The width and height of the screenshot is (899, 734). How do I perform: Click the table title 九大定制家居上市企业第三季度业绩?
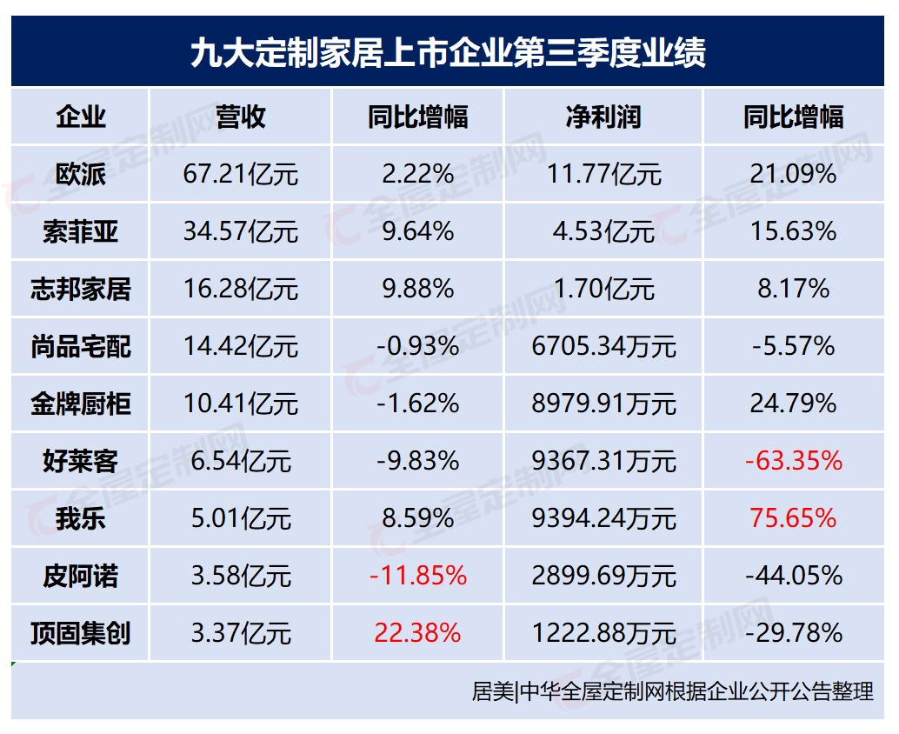(448, 51)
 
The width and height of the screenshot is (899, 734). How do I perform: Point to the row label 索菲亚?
(80, 232)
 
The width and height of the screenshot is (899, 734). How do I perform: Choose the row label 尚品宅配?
(80, 347)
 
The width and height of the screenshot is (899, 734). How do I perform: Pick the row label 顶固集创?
(80, 633)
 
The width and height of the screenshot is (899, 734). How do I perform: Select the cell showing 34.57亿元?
(241, 232)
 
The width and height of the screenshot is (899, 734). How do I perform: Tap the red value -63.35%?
(793, 461)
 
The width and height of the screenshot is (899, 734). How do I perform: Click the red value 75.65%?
(793, 518)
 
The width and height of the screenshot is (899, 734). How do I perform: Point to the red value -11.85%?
(417, 576)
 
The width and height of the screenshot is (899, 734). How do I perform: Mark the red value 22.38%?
(417, 633)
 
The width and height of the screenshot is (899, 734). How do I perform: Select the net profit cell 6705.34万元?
(603, 347)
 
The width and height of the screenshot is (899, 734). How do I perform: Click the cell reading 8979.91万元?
(603, 404)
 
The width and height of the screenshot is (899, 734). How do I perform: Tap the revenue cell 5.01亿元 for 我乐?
(241, 518)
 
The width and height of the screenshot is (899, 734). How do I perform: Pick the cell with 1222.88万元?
(603, 633)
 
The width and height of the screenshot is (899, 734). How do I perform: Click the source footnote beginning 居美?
(672, 692)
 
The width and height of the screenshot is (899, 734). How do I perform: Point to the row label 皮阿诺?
(80, 576)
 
